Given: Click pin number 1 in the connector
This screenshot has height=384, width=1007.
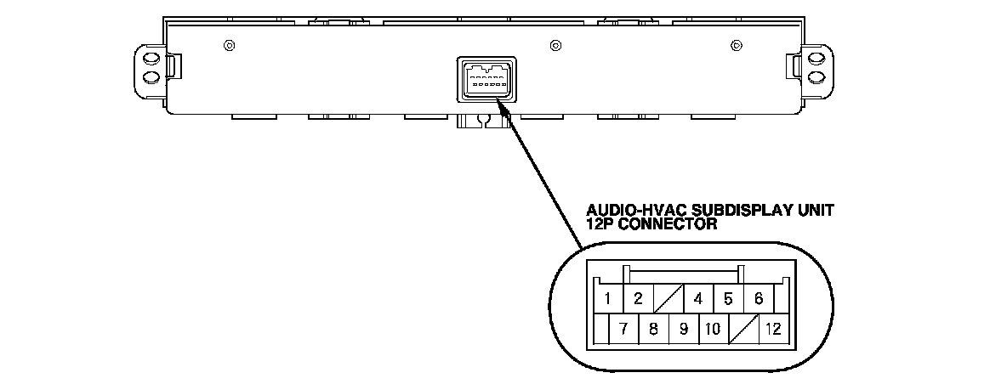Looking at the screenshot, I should tap(609, 298).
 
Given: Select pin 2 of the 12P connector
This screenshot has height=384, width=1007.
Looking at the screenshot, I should tap(637, 298).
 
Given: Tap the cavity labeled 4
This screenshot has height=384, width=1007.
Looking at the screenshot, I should tap(697, 298).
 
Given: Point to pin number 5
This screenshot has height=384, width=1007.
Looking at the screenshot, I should tap(728, 298).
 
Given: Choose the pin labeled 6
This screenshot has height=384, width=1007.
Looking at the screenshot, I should tap(758, 298).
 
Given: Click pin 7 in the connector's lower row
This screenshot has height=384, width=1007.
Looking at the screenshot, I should tap(623, 328).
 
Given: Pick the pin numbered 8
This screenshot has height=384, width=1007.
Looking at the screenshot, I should tap(653, 328).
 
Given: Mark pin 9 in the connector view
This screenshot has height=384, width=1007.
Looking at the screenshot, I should tap(683, 328).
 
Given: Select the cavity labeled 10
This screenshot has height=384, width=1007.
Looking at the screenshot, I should tap(713, 328).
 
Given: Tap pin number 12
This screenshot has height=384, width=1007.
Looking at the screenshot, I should tap(773, 328).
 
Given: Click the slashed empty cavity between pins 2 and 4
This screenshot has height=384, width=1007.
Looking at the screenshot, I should tap(668, 298).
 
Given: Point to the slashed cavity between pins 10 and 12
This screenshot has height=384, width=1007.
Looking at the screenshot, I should tap(743, 328).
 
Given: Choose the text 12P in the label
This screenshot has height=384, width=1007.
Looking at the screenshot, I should tap(600, 224).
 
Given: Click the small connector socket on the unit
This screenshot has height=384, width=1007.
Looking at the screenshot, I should tap(483, 80).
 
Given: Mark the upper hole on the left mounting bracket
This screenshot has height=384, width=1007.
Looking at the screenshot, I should tap(151, 59).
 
